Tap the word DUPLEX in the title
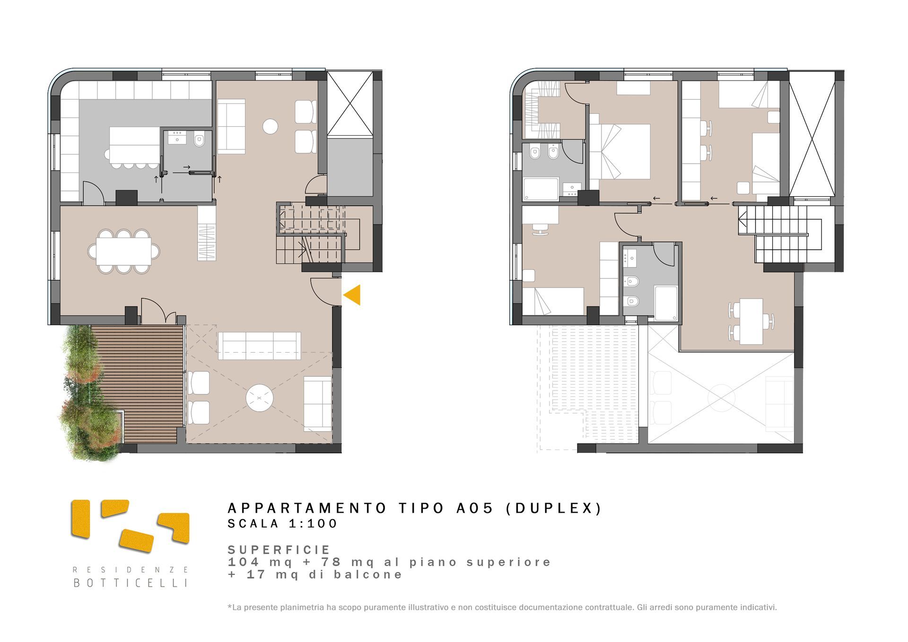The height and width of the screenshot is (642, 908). pyautogui.click(x=554, y=508)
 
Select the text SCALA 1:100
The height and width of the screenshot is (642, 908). pyautogui.click(x=282, y=524)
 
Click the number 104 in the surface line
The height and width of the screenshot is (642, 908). pyautogui.click(x=244, y=562)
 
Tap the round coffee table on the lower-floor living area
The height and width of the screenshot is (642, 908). pyautogui.click(x=259, y=398)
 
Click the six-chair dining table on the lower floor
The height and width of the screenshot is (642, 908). pyautogui.click(x=124, y=252)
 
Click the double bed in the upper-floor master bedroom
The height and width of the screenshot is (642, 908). pyautogui.click(x=620, y=151)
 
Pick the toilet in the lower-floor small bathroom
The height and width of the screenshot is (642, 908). pyautogui.click(x=199, y=140)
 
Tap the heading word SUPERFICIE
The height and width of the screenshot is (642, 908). pyautogui.click(x=279, y=550)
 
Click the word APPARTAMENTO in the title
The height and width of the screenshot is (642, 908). pyautogui.click(x=307, y=508)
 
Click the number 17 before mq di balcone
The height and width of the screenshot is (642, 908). pyautogui.click(x=256, y=574)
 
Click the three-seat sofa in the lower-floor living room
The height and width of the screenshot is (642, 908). pyautogui.click(x=259, y=346)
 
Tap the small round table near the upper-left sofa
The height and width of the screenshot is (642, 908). pyautogui.click(x=270, y=126)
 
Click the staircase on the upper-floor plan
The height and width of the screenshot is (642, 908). pyautogui.click(x=780, y=234)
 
